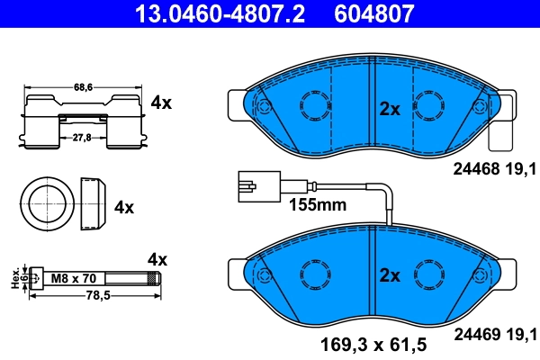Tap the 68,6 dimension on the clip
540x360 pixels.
click(x=84, y=87)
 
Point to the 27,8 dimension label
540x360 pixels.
click(x=84, y=135)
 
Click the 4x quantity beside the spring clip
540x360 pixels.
click(x=161, y=103)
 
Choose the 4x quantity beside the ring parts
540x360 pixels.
click(x=124, y=207)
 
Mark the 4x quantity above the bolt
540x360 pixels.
click(x=157, y=259)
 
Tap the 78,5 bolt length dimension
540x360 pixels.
click(x=88, y=294)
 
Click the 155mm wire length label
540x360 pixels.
click(x=317, y=204)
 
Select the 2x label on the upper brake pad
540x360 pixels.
click(x=389, y=109)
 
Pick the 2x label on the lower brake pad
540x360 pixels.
click(x=389, y=275)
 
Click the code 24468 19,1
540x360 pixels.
click(x=493, y=168)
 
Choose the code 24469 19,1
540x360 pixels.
click(x=493, y=335)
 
